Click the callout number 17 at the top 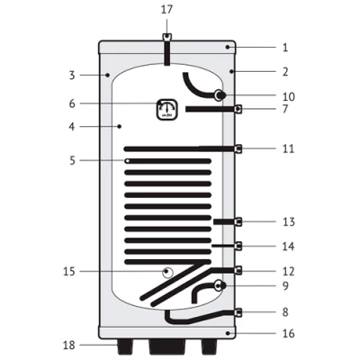pos(167,9)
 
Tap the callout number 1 pos(285,48)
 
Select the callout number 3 pos(72,76)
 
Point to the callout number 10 pos(289,96)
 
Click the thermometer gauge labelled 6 pos(167,110)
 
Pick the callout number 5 pos(72,161)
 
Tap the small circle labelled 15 pos(168,273)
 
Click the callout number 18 pos(68,346)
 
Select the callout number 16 pos(289,333)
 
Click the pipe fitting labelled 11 pos(238,148)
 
